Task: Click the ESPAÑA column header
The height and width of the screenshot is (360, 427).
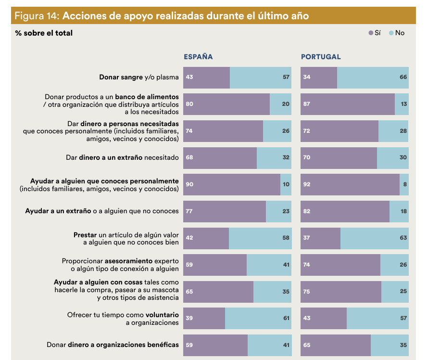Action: click(x=198, y=57)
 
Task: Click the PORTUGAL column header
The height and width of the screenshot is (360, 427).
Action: click(x=321, y=57)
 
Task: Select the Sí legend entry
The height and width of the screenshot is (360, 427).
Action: click(x=375, y=33)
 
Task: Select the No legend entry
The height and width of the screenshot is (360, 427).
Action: click(x=397, y=33)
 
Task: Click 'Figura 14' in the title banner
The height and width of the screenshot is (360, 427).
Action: click(x=37, y=16)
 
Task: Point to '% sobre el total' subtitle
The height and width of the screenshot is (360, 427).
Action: click(x=44, y=33)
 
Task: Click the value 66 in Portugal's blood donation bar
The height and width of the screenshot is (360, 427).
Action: click(x=403, y=77)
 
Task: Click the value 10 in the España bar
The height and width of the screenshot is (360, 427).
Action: click(x=286, y=184)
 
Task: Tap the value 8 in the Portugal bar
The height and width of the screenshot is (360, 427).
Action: click(x=405, y=184)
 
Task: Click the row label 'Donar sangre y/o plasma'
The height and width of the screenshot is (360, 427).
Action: click(x=139, y=77)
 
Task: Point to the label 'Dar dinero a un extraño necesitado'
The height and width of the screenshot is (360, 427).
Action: click(x=122, y=157)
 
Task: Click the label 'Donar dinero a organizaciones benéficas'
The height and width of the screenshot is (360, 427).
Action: click(x=113, y=345)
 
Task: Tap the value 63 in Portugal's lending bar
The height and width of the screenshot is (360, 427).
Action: click(x=403, y=238)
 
